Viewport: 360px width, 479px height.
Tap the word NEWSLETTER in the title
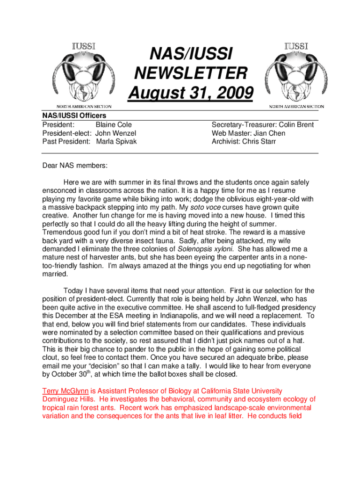[190, 73]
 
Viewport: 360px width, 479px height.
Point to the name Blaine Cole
[114, 125]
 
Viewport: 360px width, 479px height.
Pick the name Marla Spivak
[116, 141]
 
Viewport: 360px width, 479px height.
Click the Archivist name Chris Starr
[259, 141]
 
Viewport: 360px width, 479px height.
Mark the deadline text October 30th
[74, 374]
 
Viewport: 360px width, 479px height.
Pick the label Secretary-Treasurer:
[241, 125]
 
